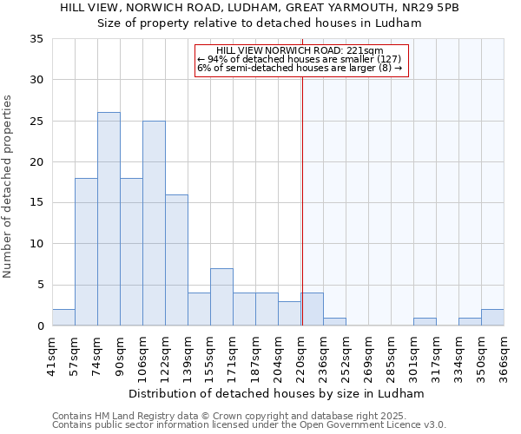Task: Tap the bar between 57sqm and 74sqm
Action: click(86, 252)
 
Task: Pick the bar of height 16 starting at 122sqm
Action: click(176, 260)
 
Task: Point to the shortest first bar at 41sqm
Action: click(63, 318)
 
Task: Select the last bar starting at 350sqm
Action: click(492, 318)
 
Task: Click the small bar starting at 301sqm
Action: click(425, 322)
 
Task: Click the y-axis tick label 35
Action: click(36, 39)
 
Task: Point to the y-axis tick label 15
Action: click(36, 203)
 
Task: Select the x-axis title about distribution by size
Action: click(277, 393)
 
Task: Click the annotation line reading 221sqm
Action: click(300, 51)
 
